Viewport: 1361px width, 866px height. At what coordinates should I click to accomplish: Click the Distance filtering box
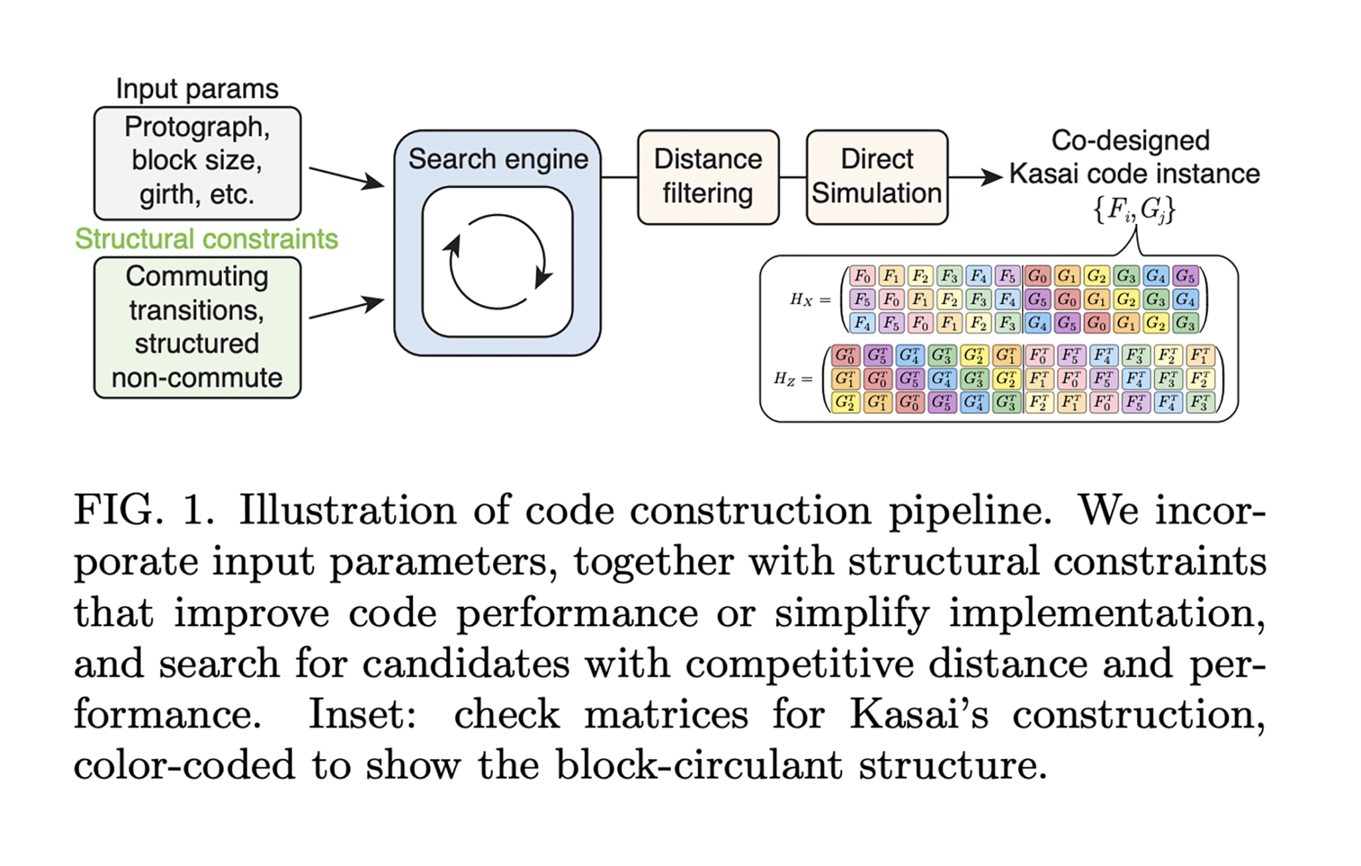tap(708, 177)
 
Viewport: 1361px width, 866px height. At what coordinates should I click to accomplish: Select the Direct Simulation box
tap(877, 177)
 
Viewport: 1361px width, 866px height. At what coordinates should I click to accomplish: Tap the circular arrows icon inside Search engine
tap(498, 261)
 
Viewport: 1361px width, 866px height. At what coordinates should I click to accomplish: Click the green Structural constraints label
tap(206, 239)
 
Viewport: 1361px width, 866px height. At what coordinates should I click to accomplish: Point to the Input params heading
tap(197, 88)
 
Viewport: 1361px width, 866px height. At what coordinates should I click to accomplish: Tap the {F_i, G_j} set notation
tap(1134, 209)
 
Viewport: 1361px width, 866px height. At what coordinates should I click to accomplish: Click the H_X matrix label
tap(801, 300)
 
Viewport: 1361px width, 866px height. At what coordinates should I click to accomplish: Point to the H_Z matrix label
tap(785, 379)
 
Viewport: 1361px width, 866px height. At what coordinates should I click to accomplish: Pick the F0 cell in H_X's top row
tap(862, 276)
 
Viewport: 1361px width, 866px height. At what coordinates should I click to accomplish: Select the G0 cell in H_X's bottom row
tap(1097, 324)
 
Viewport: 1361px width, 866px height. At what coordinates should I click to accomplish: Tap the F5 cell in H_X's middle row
tap(862, 300)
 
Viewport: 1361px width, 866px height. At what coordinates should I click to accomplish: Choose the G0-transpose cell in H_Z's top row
tap(845, 356)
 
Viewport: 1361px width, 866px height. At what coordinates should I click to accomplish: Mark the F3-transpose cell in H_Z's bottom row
tap(1200, 402)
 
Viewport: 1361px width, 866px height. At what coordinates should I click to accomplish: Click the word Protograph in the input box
tap(197, 127)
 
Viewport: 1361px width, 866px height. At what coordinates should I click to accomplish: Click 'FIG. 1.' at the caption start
tap(144, 510)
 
